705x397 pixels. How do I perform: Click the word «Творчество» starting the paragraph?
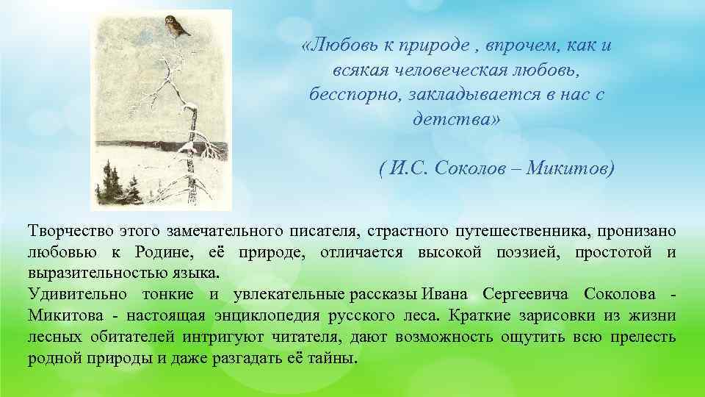pyautogui.click(x=68, y=232)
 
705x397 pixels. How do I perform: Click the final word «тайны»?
pyautogui.click(x=334, y=360)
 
